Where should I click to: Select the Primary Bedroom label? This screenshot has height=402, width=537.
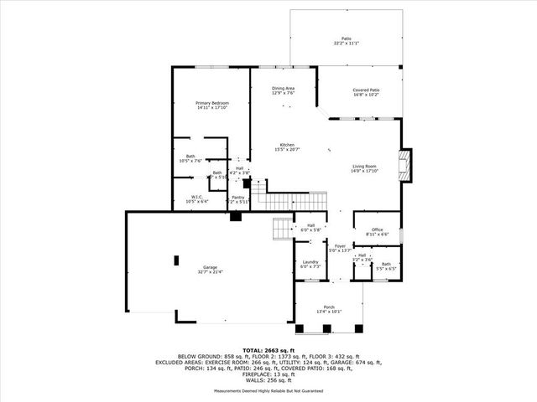coord(212,103)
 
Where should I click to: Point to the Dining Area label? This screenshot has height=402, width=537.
coord(283,89)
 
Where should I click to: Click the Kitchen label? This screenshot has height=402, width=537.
coord(287,145)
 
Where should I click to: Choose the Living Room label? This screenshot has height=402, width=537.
coord(364,166)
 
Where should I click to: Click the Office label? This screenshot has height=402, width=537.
coord(377,229)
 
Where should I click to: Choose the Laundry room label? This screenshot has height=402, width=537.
coord(310,262)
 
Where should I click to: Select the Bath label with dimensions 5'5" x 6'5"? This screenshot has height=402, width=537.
coord(385,265)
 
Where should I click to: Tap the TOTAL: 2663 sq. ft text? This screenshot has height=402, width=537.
coord(268,349)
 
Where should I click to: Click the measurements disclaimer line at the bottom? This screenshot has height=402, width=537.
coord(268,390)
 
